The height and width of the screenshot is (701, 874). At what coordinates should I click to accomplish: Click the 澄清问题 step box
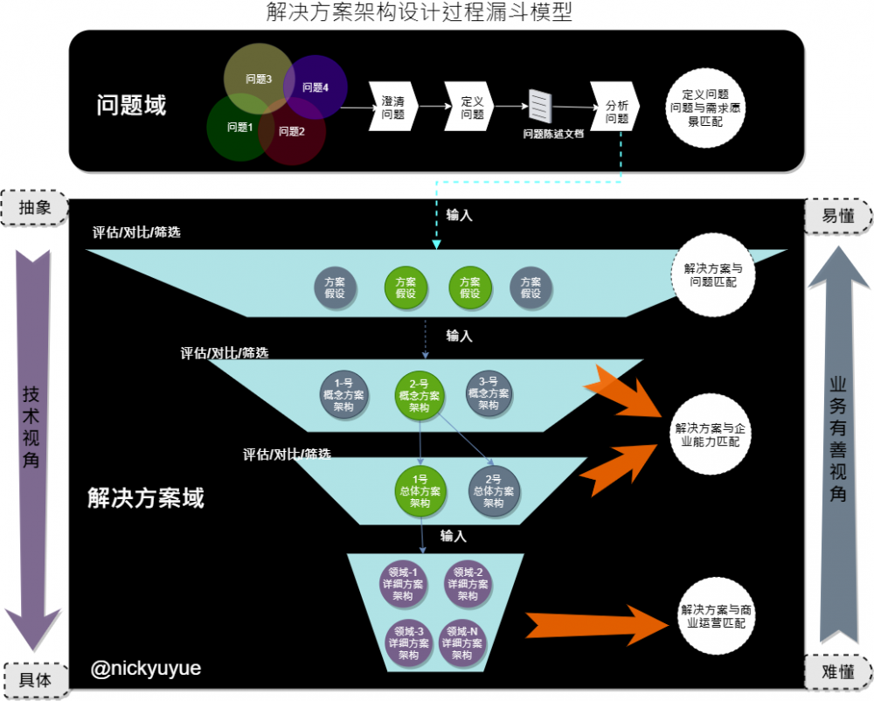click(x=393, y=108)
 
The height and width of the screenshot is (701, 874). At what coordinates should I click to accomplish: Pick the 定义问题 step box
click(x=471, y=108)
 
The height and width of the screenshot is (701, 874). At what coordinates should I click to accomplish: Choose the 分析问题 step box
click(x=615, y=108)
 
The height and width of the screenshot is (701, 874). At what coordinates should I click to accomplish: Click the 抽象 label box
click(x=34, y=208)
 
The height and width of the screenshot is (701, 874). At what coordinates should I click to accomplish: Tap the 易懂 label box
click(x=838, y=215)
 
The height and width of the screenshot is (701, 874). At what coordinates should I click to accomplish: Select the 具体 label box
click(x=34, y=677)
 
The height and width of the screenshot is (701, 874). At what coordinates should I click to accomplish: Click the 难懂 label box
click(x=838, y=671)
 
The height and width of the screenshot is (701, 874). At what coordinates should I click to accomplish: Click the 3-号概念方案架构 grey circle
click(x=489, y=393)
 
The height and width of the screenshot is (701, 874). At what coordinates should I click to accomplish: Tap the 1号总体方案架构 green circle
click(x=420, y=491)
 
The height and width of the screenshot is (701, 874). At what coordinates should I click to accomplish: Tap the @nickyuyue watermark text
click(x=146, y=670)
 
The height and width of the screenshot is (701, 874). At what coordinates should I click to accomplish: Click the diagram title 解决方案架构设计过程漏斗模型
click(x=420, y=13)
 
